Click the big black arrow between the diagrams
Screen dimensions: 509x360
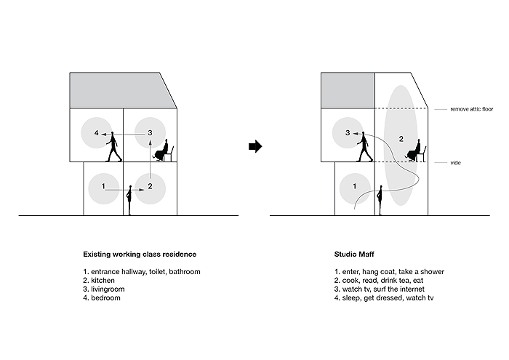(x=255, y=146)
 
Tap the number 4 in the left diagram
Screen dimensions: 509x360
(x=97, y=133)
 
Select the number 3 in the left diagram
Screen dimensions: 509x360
(x=150, y=132)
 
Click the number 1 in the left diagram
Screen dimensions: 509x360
(x=103, y=186)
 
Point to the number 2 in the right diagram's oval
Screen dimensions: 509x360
(x=401, y=139)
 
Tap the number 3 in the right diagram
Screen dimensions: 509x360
(x=348, y=133)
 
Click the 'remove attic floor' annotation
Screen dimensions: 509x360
(x=472, y=109)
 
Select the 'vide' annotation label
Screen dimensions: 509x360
(x=455, y=163)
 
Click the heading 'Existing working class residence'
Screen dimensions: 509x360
(x=140, y=254)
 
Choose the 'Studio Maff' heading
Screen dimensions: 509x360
(x=354, y=254)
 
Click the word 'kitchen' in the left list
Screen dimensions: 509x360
(x=103, y=281)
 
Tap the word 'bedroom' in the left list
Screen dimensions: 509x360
(x=106, y=298)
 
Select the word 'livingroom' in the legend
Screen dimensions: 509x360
(x=108, y=289)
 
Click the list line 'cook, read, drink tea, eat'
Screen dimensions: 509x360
(x=382, y=281)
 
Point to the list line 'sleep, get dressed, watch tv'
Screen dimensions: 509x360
(x=388, y=298)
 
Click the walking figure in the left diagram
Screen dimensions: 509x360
(x=113, y=147)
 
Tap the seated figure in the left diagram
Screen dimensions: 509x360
(x=164, y=151)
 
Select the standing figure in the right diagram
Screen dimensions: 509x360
(x=380, y=200)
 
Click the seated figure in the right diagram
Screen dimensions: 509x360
(x=416, y=151)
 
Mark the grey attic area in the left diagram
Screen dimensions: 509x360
(x=121, y=91)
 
